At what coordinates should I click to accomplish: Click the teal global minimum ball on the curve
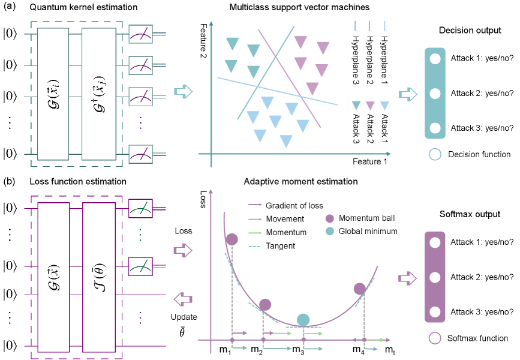(x=303, y=320)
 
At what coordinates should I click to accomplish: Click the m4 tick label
(x=358, y=349)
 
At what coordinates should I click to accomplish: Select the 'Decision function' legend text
(x=479, y=154)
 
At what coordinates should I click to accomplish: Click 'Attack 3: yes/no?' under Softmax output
(x=482, y=312)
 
